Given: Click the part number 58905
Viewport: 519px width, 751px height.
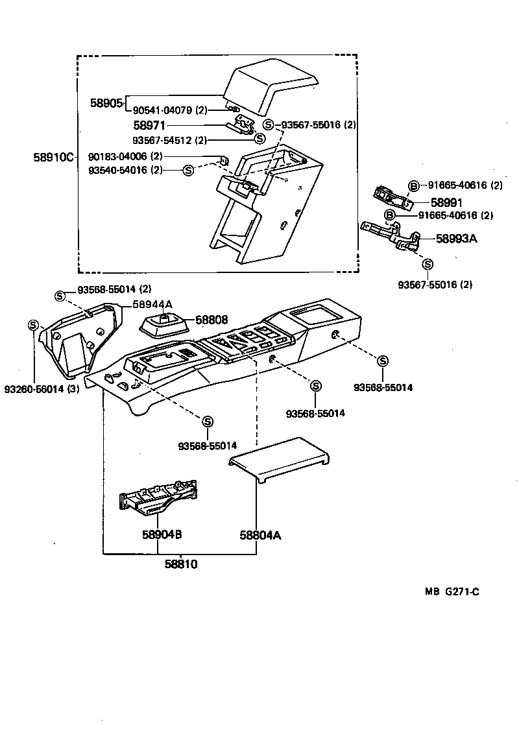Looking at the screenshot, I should [106, 103].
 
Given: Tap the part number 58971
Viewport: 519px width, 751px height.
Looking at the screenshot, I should [149, 125].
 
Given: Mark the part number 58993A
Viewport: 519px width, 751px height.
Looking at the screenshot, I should [456, 239].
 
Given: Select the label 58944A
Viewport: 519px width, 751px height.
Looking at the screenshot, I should [152, 304].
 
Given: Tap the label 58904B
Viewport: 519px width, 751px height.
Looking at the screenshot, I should [162, 535].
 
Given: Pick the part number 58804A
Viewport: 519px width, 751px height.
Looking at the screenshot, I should [260, 535].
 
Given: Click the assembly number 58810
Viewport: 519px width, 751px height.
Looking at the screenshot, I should [180, 564].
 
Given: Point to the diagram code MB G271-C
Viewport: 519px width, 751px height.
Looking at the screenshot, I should [452, 591].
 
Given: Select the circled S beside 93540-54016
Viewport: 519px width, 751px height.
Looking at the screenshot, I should [188, 170].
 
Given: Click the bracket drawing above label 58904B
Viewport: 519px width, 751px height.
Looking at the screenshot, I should [158, 498].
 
